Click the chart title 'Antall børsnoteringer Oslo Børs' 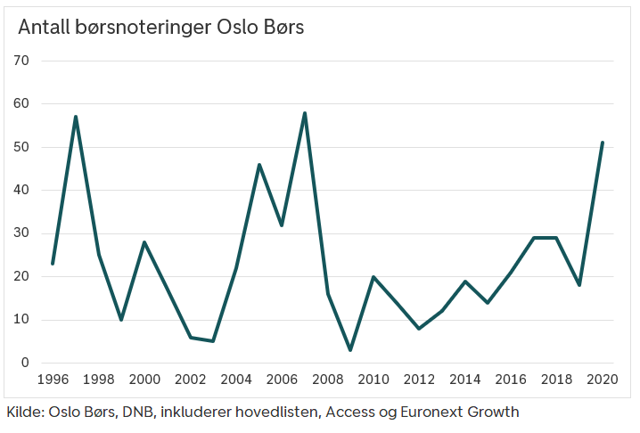point(160,28)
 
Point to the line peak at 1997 point(76,117)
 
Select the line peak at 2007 point(305,113)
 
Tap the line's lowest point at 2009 point(350,350)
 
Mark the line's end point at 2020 point(603,143)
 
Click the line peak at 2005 point(259,165)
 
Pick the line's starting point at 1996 point(53,264)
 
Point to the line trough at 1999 point(121,320)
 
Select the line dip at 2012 point(419,329)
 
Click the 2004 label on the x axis point(236,380)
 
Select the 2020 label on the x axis point(603,380)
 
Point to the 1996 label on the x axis point(53,380)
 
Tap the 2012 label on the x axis point(419,380)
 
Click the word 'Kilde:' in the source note point(26,412)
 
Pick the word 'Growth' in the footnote point(492,412)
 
